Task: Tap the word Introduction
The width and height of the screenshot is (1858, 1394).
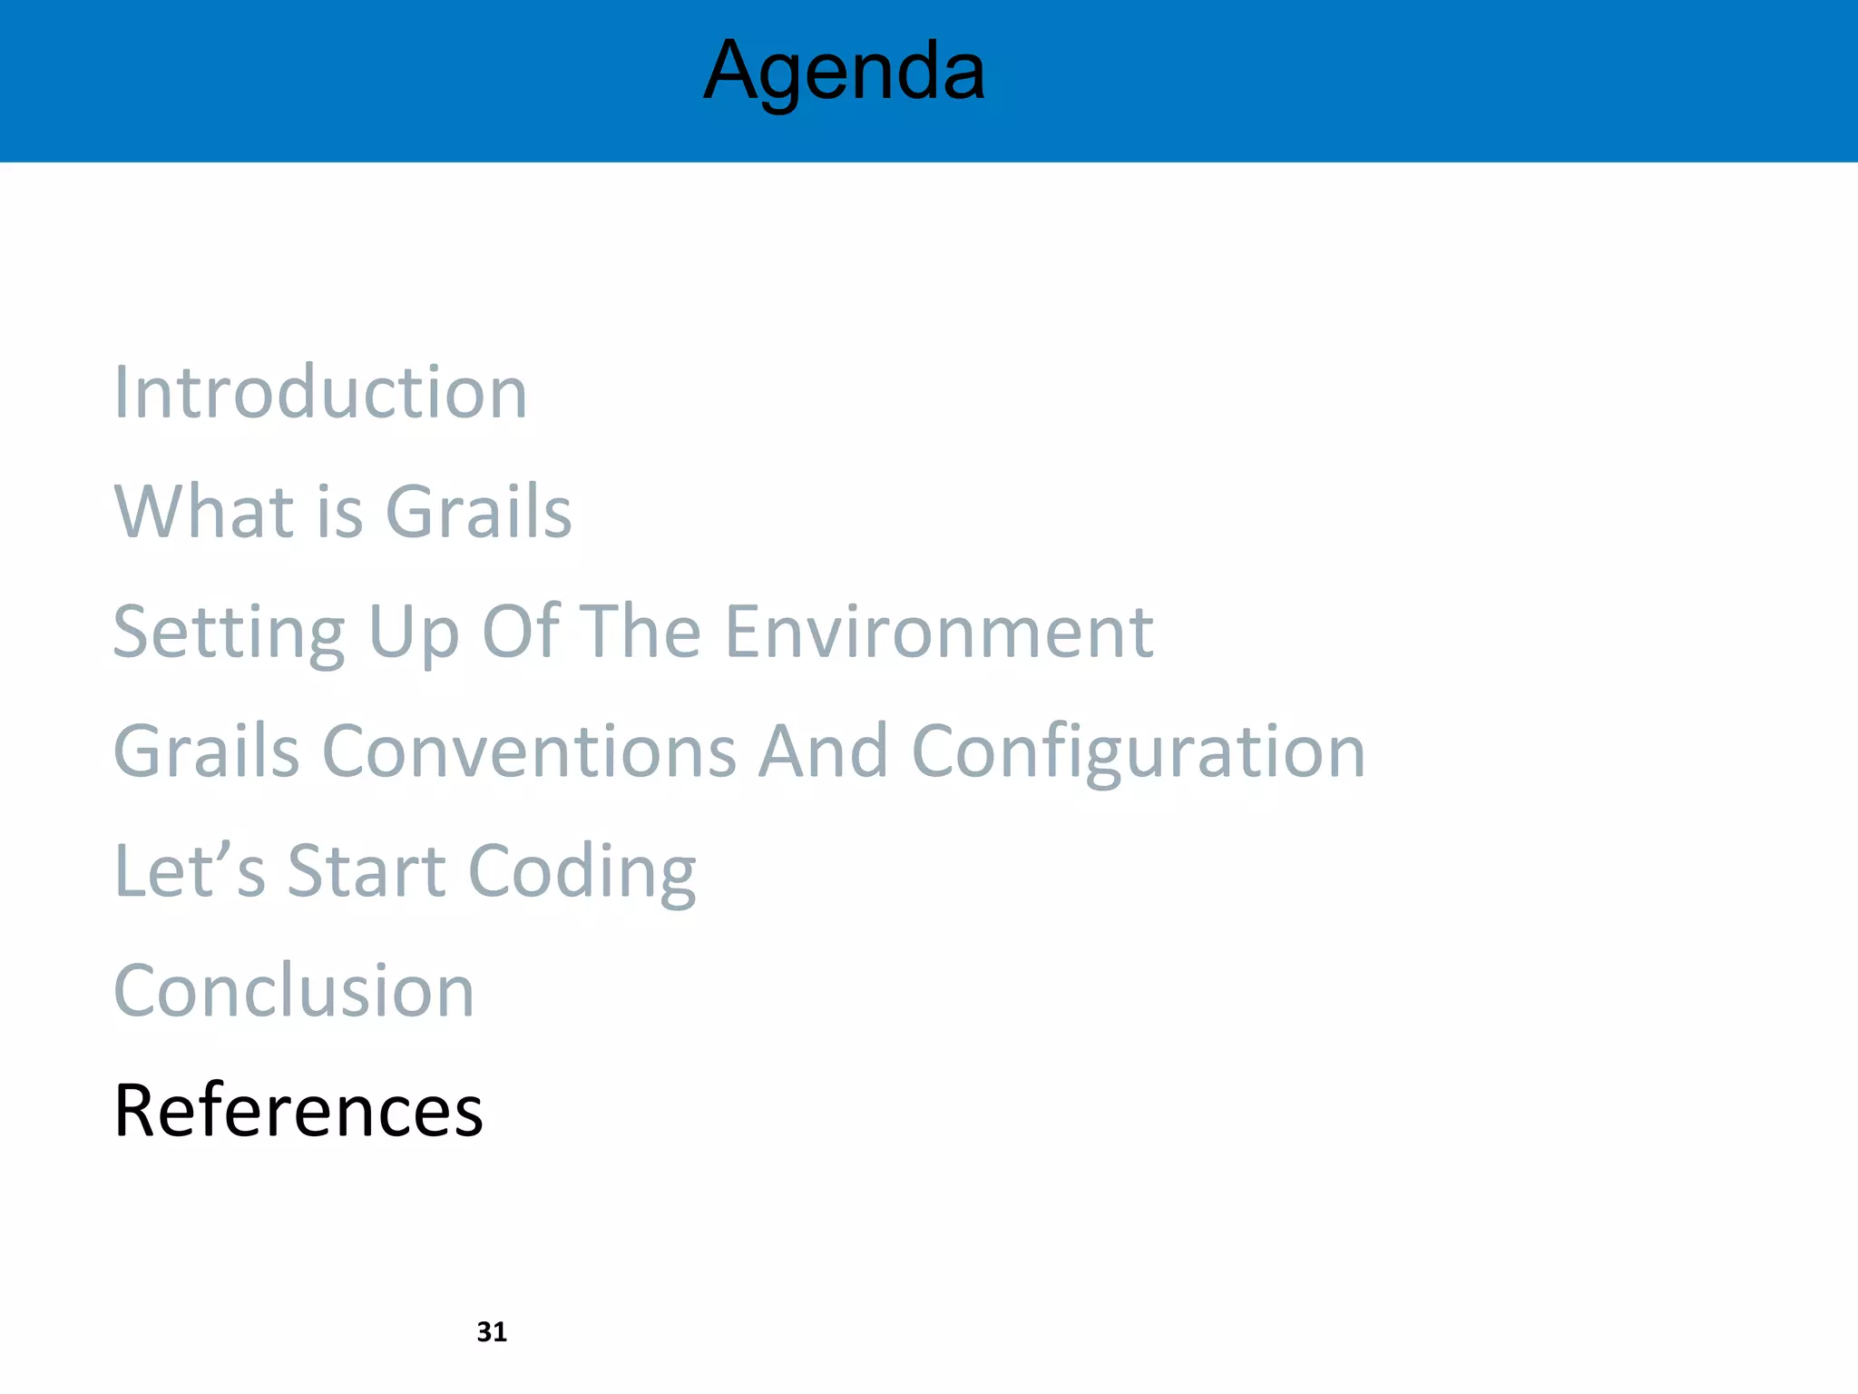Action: (x=319, y=393)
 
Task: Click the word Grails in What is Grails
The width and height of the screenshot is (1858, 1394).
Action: (x=478, y=512)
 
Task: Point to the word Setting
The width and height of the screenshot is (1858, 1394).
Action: (x=229, y=633)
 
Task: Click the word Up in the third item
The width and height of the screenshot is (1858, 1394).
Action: (x=414, y=633)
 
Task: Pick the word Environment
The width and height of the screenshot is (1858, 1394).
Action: (x=939, y=633)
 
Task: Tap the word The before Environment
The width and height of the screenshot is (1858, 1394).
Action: (x=640, y=633)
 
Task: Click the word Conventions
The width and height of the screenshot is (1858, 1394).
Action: (x=529, y=751)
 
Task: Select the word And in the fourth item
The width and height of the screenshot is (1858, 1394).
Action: (x=823, y=751)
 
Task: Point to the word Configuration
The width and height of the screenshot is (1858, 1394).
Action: (x=1138, y=751)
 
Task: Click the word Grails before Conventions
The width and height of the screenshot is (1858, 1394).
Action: (x=206, y=751)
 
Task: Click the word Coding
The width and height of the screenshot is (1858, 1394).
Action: (x=582, y=871)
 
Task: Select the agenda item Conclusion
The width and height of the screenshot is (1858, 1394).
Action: (x=294, y=991)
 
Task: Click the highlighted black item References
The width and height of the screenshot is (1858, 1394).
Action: (x=298, y=1111)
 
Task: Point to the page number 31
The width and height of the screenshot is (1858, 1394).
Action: (x=492, y=1331)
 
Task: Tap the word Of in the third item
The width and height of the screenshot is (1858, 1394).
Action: (x=521, y=633)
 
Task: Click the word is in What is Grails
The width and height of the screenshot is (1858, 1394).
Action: (x=340, y=512)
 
